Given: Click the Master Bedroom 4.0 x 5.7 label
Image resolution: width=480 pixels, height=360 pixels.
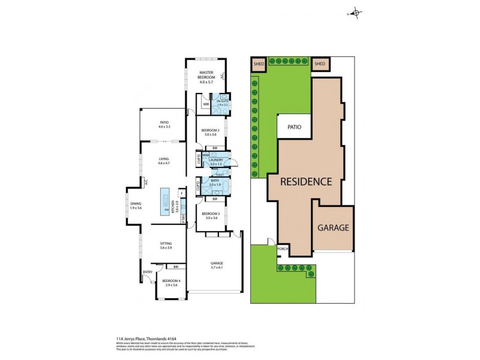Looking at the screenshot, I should pos(206,76).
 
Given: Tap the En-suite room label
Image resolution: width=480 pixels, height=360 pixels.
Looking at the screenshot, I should pos(223,103).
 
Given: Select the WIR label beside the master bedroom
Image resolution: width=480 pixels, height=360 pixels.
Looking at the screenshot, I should pos(205,104).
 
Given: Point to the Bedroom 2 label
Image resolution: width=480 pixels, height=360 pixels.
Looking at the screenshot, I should pos(210,133).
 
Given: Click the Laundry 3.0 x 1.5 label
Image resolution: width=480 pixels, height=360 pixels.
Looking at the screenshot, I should pos(216,161).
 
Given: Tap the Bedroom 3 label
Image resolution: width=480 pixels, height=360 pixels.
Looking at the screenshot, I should pos(210,217).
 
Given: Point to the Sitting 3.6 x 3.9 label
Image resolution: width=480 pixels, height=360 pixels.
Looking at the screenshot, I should pos(166,245).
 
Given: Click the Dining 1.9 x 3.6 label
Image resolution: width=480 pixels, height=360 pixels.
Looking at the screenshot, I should pos(136,206).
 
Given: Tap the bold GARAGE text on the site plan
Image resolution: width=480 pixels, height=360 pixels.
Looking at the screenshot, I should pos(333,228).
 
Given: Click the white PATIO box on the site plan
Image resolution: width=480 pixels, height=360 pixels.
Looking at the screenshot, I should pos(293,127).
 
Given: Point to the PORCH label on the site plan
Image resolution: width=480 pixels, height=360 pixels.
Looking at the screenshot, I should pos(282,250).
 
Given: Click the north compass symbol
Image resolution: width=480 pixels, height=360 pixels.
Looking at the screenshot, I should pos(355,13).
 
